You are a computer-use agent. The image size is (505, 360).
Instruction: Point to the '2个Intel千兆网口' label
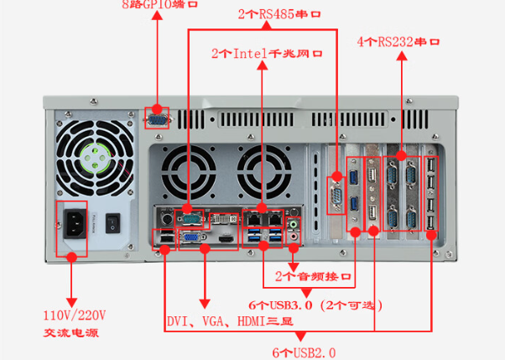(266, 54)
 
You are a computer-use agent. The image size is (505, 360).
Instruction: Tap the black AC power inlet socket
(73, 225)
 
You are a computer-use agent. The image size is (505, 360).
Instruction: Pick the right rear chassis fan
(259, 170)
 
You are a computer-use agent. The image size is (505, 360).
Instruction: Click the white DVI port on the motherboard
(223, 219)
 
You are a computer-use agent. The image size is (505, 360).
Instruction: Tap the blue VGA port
(191, 239)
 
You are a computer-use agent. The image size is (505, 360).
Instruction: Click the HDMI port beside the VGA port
(225, 239)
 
